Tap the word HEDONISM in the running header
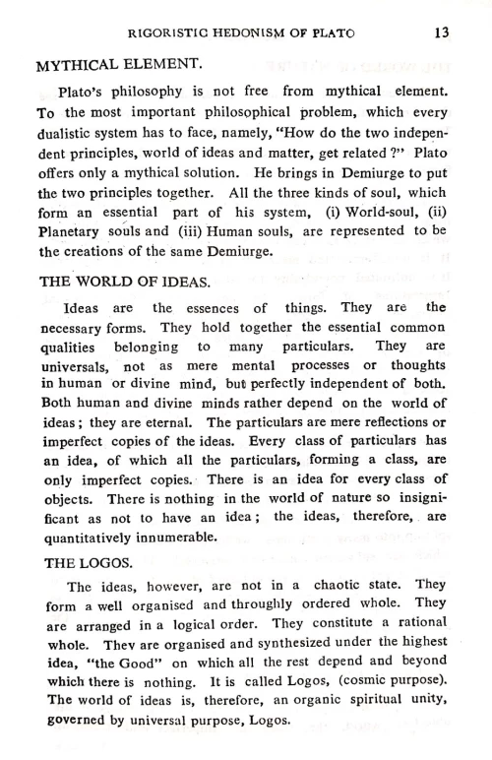pos(261,32)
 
